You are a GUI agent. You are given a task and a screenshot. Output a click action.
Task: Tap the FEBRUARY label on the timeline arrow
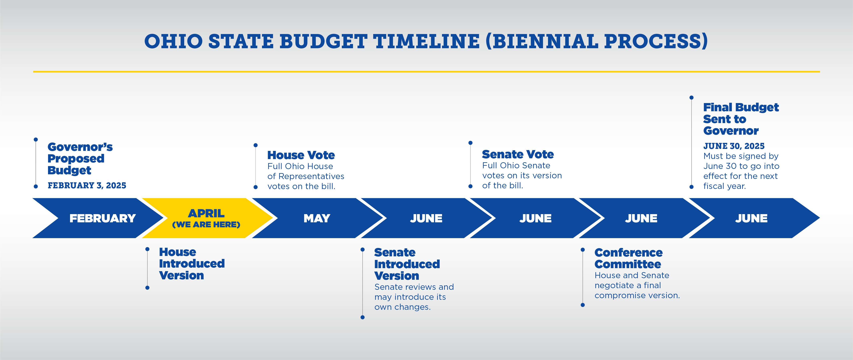tap(103, 218)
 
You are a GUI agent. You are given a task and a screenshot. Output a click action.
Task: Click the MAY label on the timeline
tap(317, 218)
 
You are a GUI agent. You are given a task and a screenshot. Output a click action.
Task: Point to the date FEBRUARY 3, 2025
tap(87, 186)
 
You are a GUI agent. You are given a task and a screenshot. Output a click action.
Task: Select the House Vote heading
tap(301, 155)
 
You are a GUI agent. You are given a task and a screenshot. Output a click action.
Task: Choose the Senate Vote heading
tap(518, 154)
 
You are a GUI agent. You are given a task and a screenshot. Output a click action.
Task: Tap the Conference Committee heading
tap(628, 258)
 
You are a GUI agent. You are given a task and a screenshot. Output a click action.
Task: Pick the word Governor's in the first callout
tap(80, 147)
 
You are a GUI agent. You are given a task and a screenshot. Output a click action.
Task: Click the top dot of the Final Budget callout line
tap(691, 97)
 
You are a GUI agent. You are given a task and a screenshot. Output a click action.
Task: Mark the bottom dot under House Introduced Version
tap(147, 288)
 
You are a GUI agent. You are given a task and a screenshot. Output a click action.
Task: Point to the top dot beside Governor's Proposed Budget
tap(36, 139)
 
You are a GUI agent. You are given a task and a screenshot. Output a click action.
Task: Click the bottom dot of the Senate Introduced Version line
tap(363, 317)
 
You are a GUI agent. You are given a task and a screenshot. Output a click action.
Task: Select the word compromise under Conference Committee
tap(618, 295)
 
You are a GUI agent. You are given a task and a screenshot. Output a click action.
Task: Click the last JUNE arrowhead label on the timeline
tap(751, 218)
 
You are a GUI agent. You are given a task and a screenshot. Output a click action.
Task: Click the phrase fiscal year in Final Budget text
tap(725, 186)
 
